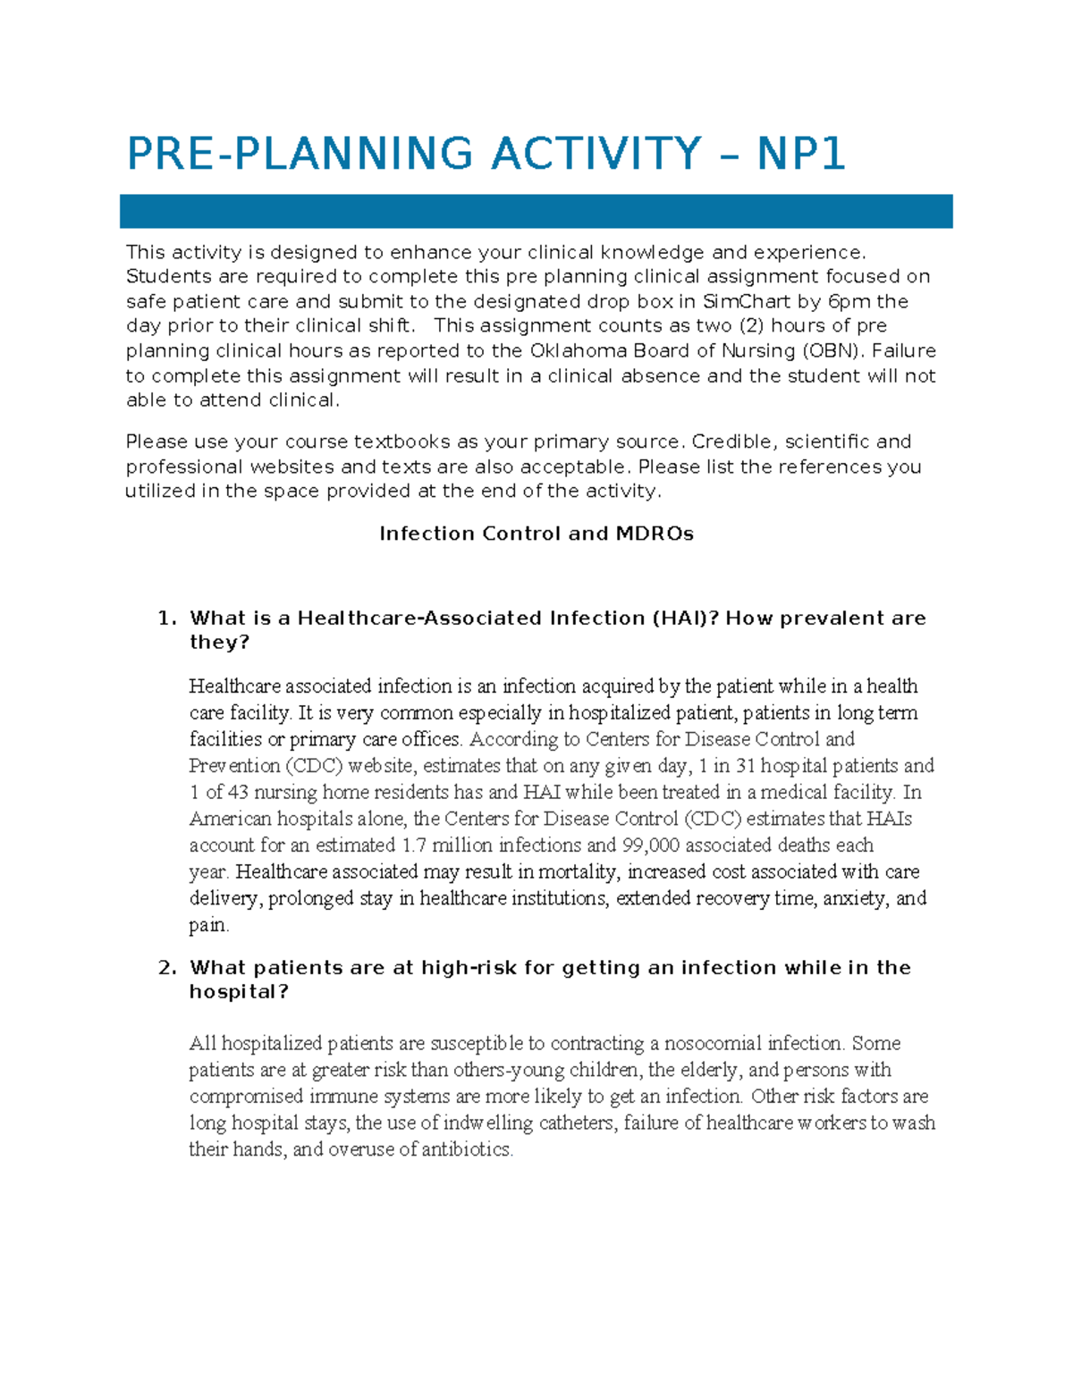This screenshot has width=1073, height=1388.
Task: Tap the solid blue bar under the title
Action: (536, 212)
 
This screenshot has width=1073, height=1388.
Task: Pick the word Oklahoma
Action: (579, 350)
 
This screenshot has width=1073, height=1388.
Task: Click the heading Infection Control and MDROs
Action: (536, 534)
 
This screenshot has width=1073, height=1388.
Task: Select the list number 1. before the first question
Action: (167, 618)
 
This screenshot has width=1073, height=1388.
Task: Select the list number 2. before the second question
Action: (167, 968)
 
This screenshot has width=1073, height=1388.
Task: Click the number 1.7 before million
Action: (414, 845)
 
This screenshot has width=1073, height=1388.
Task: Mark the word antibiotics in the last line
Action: (468, 1150)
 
